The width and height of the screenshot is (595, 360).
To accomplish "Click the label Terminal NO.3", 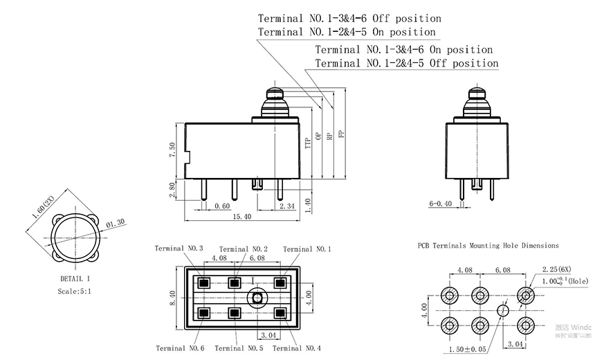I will click(178, 249).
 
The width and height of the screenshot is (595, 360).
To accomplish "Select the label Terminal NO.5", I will click(239, 348).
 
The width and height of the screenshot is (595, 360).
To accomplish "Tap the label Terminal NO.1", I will click(307, 249).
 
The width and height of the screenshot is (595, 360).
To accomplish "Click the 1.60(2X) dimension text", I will click(60, 205).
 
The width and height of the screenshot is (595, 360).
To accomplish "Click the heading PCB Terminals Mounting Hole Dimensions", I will click(488, 245).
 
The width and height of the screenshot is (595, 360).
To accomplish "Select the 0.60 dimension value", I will click(222, 206).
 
